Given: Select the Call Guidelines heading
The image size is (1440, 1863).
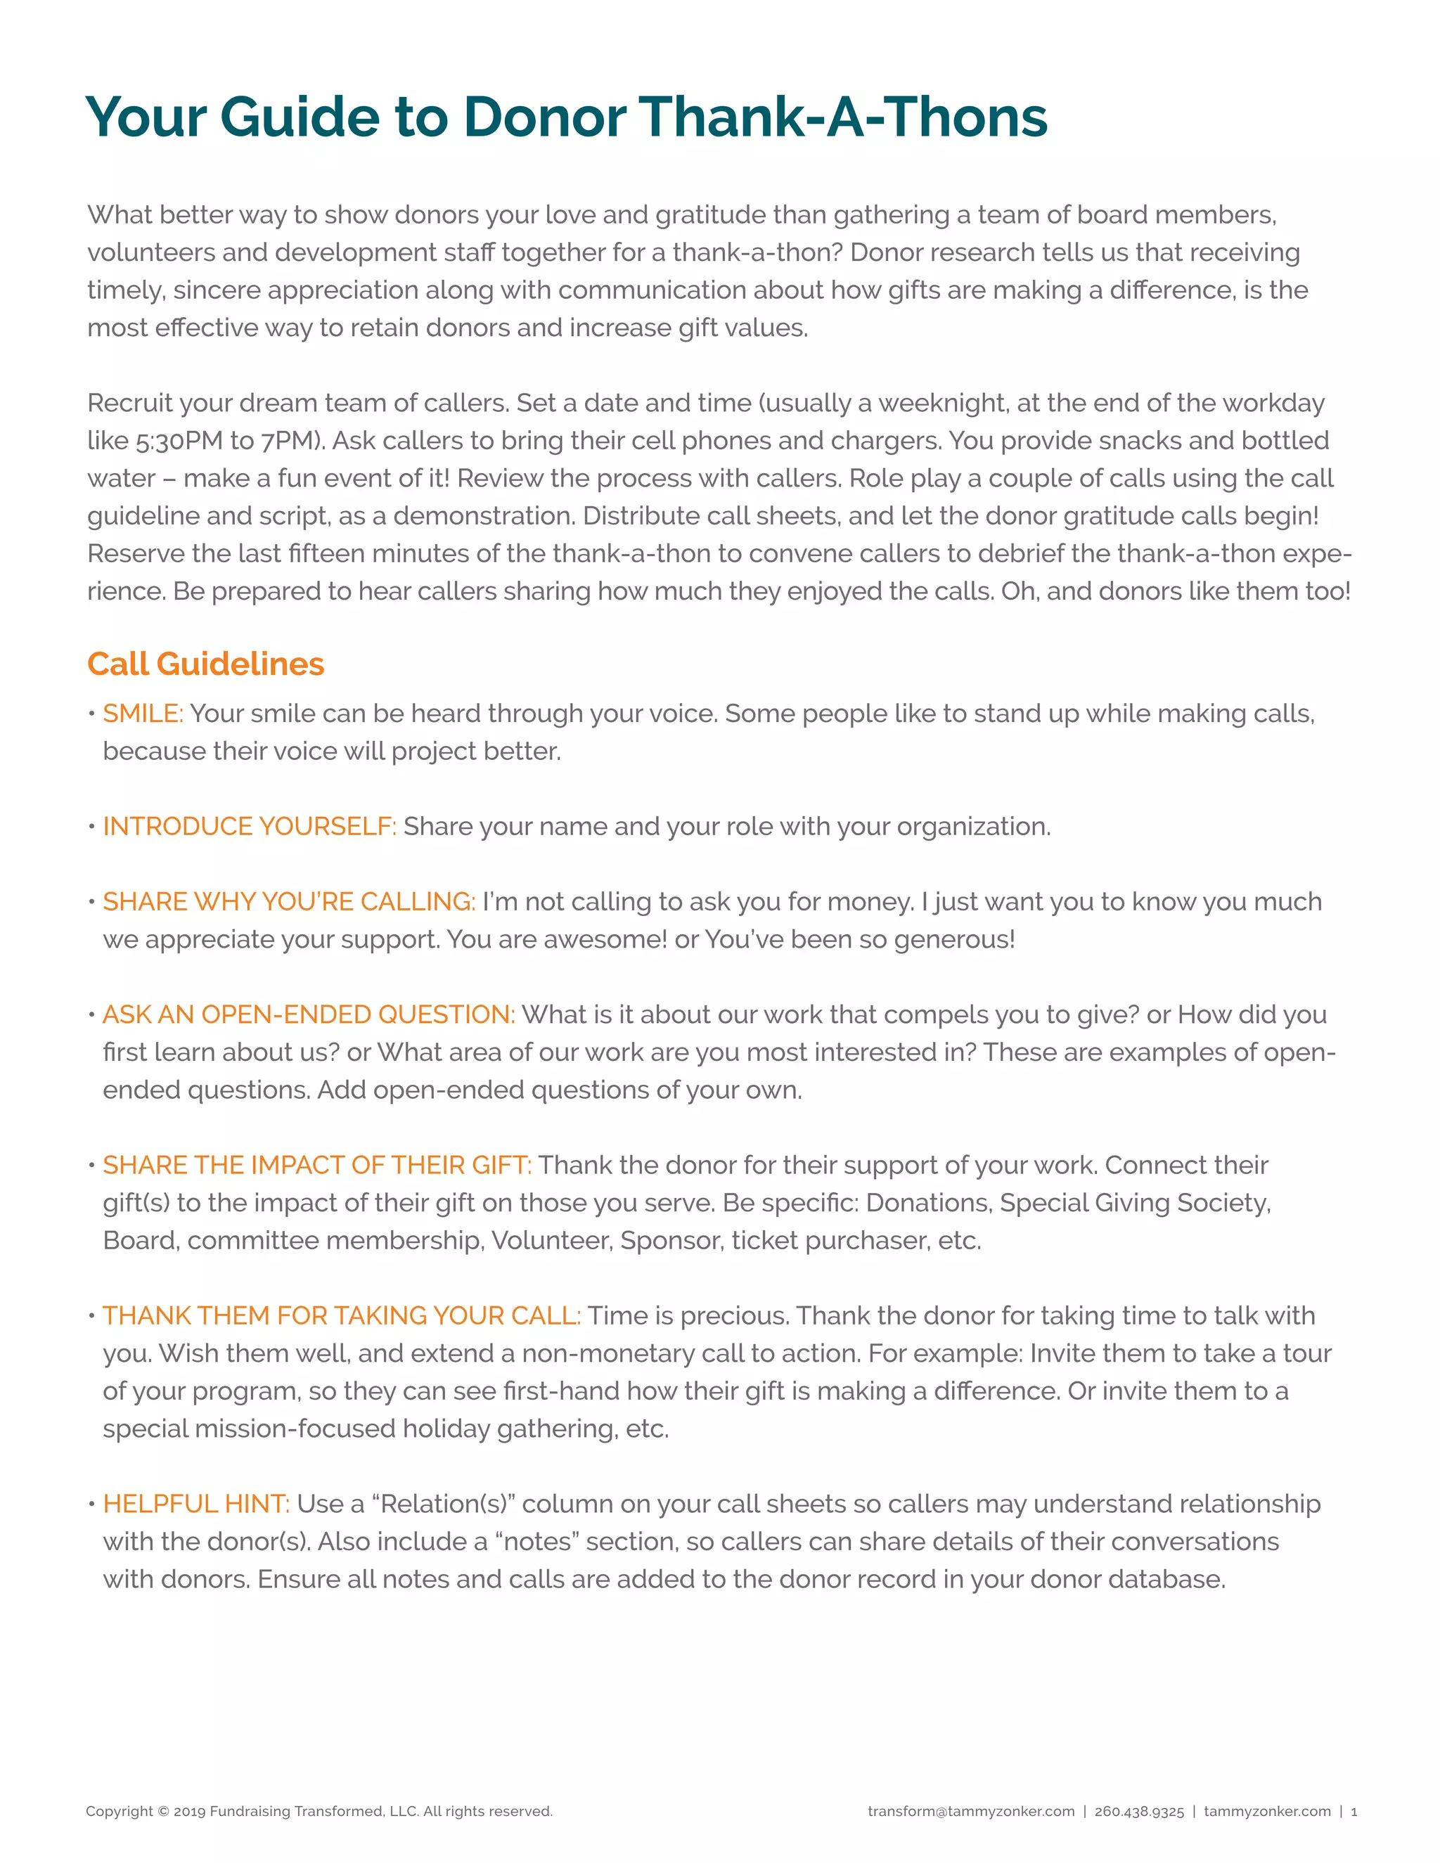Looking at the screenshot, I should click(205, 664).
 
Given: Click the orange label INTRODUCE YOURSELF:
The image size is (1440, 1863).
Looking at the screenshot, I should click(249, 826).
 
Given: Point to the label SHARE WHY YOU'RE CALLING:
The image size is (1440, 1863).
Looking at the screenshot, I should click(288, 902).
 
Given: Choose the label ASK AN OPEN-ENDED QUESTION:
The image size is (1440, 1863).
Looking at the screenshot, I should click(309, 1014).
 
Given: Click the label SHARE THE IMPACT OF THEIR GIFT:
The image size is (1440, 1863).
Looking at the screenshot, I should click(316, 1164).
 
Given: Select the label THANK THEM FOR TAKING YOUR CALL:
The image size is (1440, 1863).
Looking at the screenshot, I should click(341, 1315).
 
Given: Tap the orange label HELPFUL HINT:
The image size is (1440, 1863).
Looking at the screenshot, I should click(196, 1503).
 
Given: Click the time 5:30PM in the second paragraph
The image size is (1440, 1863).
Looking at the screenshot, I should click(179, 441).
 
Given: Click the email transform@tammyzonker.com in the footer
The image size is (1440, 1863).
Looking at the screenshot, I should click(971, 1811).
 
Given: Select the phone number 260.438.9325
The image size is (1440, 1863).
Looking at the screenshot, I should click(1139, 1811).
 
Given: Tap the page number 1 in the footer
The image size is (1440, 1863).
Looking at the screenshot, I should click(1354, 1811).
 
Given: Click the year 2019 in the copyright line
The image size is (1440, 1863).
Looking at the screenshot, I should click(189, 1811).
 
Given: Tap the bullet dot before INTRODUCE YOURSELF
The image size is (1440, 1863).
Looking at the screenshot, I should click(91, 827).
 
